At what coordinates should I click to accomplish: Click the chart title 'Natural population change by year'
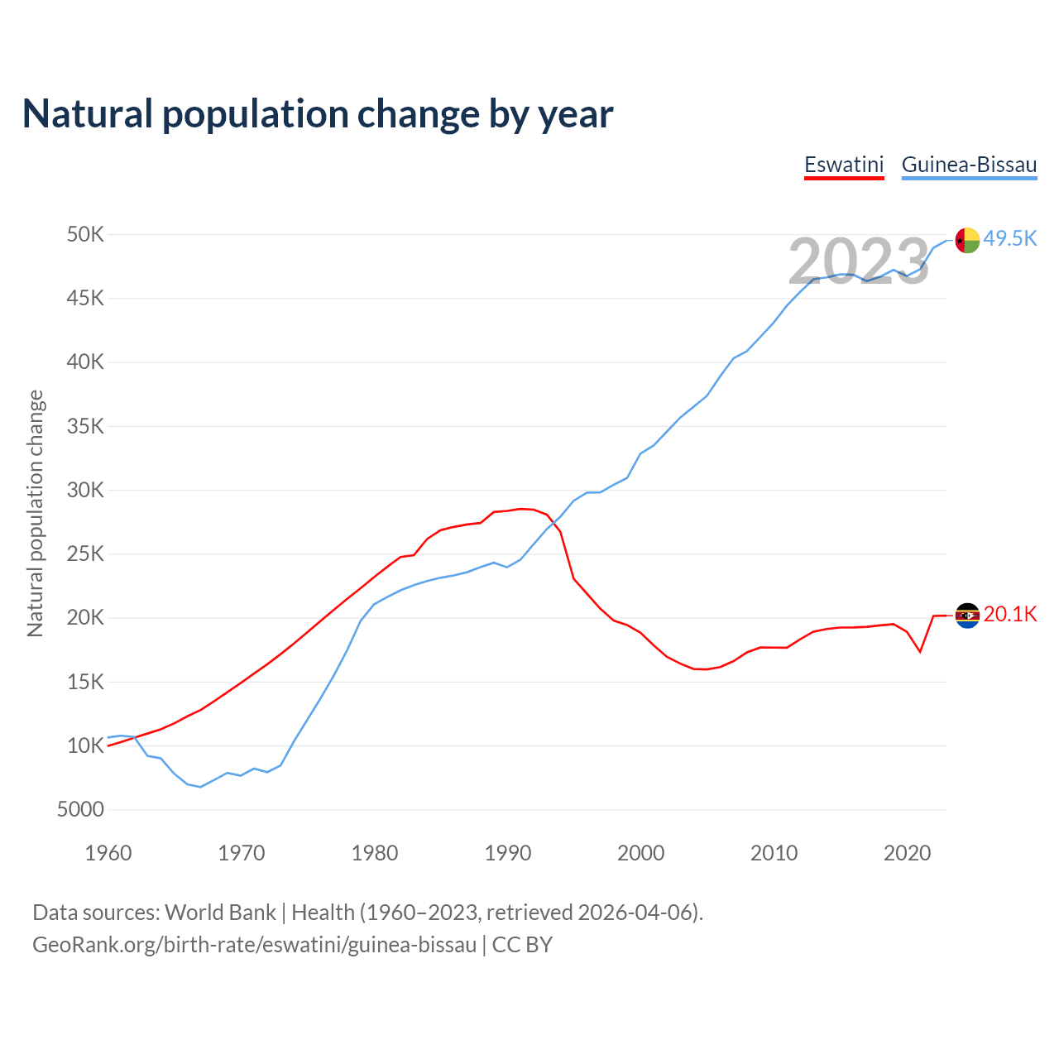click(318, 114)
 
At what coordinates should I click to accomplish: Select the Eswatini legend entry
click(844, 165)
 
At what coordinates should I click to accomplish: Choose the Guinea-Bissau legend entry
click(969, 165)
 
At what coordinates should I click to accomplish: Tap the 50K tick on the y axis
click(85, 235)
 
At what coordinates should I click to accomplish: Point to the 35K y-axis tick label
click(85, 427)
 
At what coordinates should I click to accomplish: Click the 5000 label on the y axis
click(80, 810)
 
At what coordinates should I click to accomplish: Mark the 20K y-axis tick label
click(85, 618)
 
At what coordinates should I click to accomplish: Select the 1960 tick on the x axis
click(108, 853)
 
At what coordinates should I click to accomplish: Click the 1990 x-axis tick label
click(508, 853)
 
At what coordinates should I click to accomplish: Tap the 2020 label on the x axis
click(908, 853)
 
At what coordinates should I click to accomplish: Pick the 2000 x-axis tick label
click(641, 853)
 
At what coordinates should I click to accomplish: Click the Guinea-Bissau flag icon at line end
click(967, 240)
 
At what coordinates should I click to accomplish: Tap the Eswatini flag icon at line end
click(967, 616)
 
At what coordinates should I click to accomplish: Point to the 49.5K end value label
click(1010, 238)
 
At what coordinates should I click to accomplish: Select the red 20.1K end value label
click(1010, 614)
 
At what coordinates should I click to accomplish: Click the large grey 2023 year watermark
click(859, 262)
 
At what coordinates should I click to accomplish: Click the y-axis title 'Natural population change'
click(36, 513)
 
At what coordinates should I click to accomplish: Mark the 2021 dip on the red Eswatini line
click(920, 652)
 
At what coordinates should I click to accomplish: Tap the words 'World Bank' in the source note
click(220, 913)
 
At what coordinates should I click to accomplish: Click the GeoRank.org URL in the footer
click(254, 945)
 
